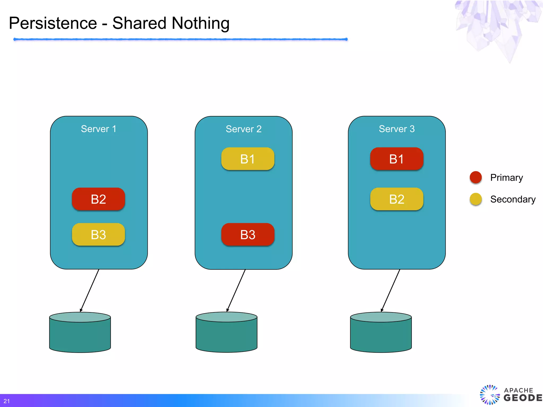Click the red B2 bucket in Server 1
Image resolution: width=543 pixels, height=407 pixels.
coord(98,199)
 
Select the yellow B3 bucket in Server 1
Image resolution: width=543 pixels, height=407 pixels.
coord(98,235)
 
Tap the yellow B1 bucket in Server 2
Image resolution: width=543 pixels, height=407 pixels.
coord(248,159)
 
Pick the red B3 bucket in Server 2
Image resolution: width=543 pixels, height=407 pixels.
coord(248,235)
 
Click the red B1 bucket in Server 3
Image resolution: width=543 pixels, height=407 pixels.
coord(397,159)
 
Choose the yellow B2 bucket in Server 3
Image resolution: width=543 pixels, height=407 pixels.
coord(397,199)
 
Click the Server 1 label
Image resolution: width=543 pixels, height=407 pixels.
coord(99,129)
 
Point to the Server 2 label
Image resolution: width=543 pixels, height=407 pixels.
coord(243,129)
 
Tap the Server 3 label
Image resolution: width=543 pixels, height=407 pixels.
coord(397,129)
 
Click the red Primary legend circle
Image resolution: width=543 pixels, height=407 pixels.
coord(476,177)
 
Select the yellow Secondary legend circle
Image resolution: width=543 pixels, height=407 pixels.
coord(476,199)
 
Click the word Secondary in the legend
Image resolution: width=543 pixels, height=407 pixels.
coord(513,199)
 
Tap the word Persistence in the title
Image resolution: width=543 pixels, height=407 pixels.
coord(53,23)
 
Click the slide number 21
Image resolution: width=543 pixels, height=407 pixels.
coord(7,401)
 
